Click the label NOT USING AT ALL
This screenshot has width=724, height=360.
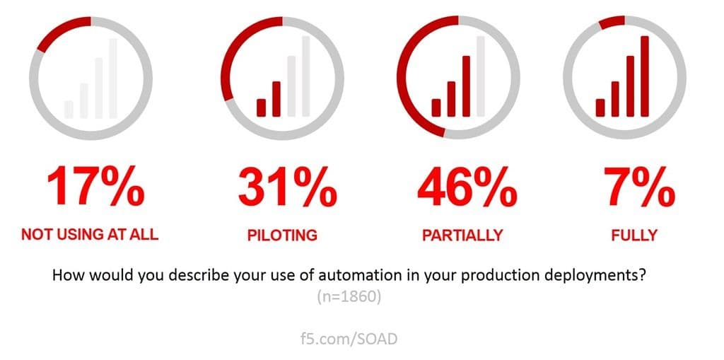[x=90, y=235]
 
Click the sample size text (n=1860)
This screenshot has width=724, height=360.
[x=349, y=298]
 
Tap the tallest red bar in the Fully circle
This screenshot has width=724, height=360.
[x=644, y=75]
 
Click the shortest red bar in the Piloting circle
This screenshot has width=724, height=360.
[x=261, y=107]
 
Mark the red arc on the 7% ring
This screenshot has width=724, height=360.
[x=611, y=21]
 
